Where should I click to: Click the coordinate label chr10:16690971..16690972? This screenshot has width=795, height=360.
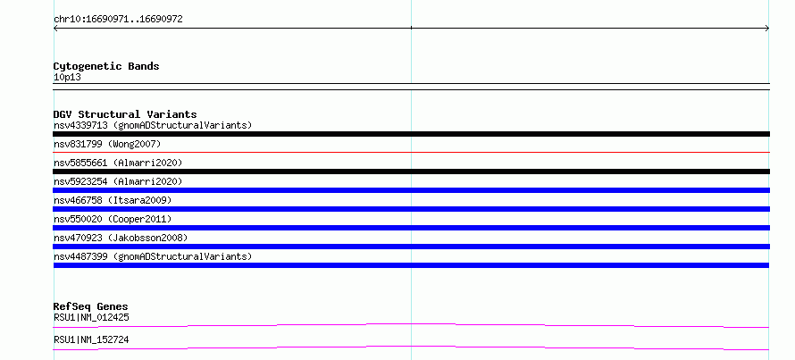point(118,20)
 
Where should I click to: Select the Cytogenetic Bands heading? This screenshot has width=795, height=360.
point(106,66)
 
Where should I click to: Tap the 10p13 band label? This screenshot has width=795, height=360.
point(67,78)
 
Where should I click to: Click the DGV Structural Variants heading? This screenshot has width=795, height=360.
point(125,114)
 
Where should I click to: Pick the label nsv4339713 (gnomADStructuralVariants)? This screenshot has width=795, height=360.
point(153,125)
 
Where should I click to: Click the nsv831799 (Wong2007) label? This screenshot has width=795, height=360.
point(107,145)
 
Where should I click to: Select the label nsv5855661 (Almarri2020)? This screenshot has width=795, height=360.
point(118,163)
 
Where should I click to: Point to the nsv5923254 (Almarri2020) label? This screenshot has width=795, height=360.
point(118,181)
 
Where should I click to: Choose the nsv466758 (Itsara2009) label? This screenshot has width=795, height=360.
point(113,200)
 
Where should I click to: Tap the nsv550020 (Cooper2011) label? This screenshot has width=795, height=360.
point(113,219)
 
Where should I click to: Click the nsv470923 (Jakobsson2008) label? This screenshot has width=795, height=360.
point(121,238)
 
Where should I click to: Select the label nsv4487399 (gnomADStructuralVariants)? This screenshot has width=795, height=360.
point(153,256)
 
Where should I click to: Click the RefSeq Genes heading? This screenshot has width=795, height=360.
point(90,306)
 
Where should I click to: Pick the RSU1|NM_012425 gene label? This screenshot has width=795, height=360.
point(91,318)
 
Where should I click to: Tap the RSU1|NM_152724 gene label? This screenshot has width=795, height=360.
point(91,339)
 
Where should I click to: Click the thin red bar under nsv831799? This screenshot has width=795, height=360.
point(411,152)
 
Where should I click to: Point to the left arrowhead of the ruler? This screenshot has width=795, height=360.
point(54,29)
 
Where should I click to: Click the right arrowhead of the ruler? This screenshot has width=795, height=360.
point(767,29)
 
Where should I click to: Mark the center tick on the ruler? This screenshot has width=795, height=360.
point(411,28)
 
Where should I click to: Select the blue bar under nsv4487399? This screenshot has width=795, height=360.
point(411,265)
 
